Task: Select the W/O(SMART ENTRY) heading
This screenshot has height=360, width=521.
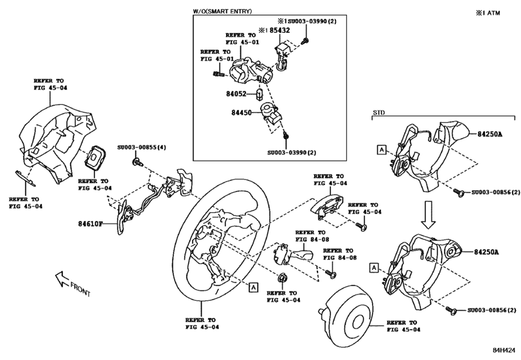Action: coord(222,12)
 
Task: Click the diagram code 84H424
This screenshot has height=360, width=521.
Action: coord(504,352)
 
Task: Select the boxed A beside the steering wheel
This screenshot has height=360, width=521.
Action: coord(254,287)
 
